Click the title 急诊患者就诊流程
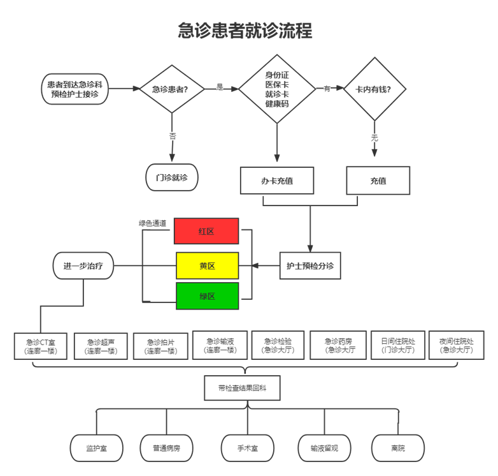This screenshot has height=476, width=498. (245, 30)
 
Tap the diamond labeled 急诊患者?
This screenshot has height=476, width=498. (172, 89)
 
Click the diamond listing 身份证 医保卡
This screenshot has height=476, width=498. (277, 89)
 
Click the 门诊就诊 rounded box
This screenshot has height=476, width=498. (172, 177)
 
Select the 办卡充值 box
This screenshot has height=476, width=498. (277, 181)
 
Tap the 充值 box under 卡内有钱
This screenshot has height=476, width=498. (378, 181)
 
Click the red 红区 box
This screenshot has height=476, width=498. (207, 231)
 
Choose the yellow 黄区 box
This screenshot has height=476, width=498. (207, 265)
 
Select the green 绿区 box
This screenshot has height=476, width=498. (207, 297)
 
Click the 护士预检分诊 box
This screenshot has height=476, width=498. (310, 265)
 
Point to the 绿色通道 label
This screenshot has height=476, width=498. (153, 223)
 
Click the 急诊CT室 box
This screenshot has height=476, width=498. (41, 346)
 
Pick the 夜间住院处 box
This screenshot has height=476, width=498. (456, 345)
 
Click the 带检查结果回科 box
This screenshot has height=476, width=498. (243, 388)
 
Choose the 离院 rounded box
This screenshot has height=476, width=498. (398, 448)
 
